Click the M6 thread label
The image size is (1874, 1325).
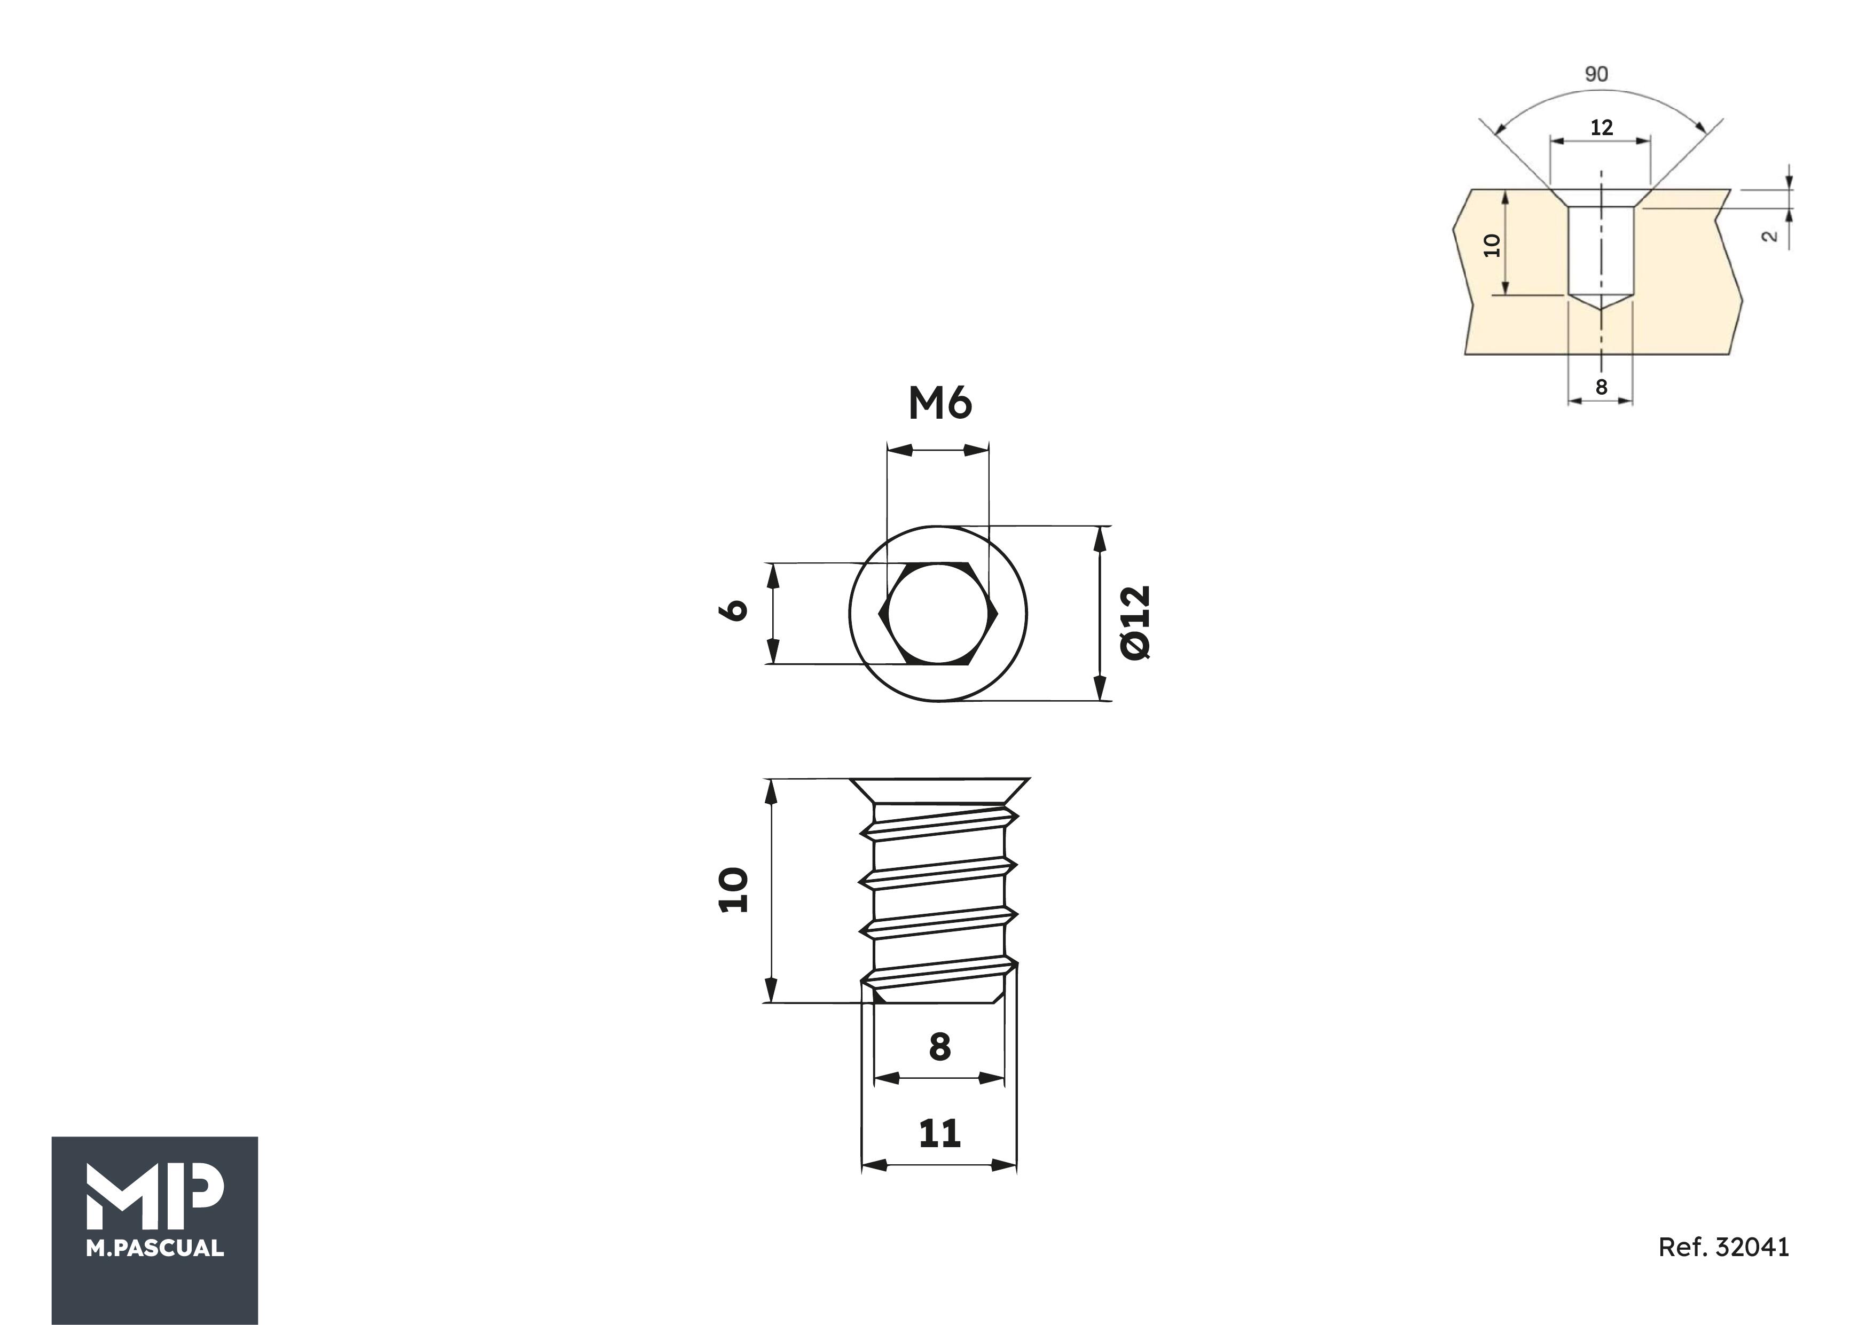(x=939, y=403)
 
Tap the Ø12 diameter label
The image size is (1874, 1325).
(x=1135, y=622)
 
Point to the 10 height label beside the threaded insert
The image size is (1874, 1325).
(x=732, y=890)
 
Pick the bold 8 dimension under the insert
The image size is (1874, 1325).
(x=939, y=1047)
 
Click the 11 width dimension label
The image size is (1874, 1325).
(x=939, y=1134)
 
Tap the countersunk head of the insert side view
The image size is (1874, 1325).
(x=939, y=790)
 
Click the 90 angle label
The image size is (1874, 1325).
(x=1596, y=74)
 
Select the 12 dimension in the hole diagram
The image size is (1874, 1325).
(x=1602, y=127)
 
